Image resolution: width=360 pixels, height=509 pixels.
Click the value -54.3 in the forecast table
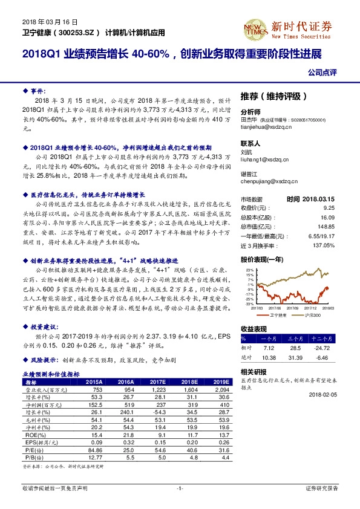pos(158,412)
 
